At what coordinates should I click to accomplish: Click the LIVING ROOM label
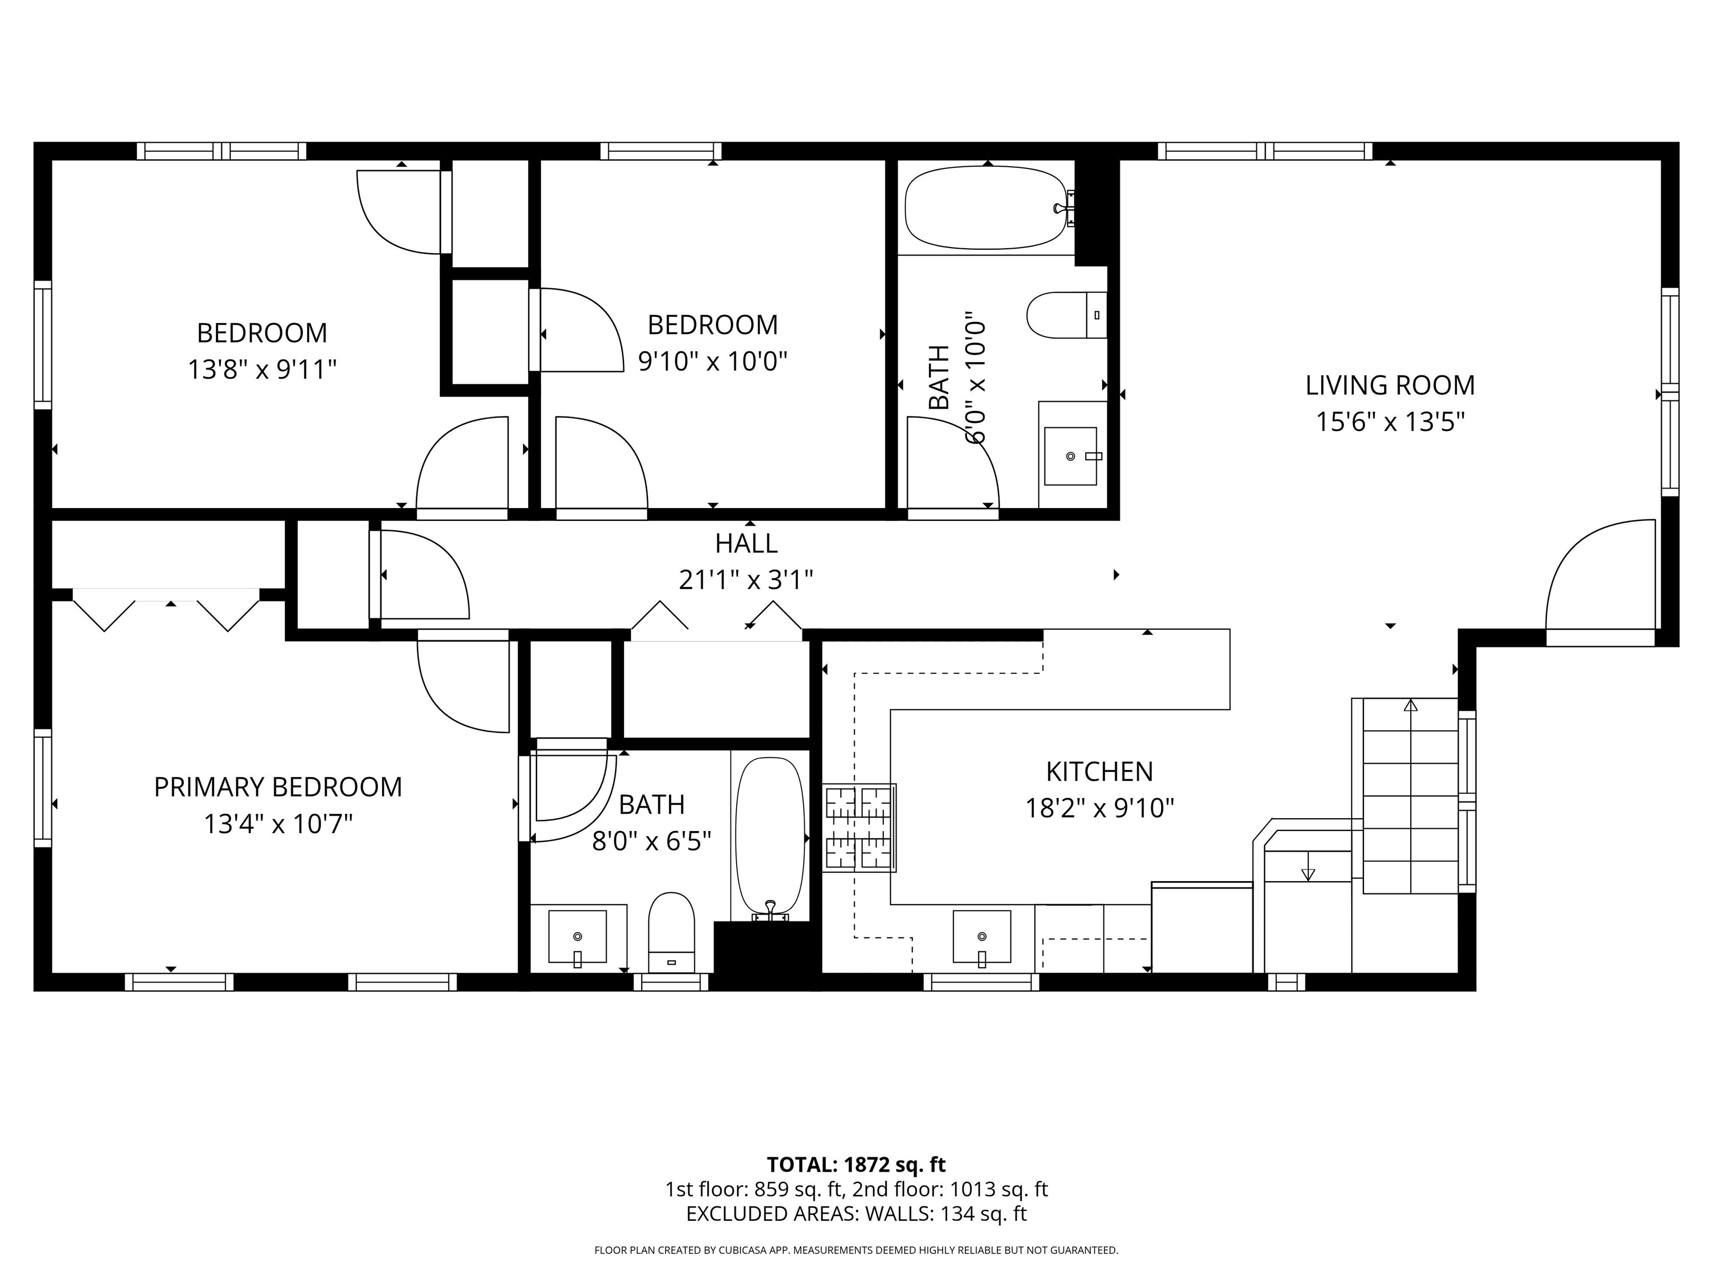(1390, 385)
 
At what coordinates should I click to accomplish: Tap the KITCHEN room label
(1100, 771)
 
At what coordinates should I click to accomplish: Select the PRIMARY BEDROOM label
(278, 787)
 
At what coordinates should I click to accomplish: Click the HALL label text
(746, 544)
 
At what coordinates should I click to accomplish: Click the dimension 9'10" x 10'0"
(713, 361)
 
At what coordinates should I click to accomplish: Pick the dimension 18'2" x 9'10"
(1100, 809)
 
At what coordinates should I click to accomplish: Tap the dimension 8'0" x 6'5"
(651, 841)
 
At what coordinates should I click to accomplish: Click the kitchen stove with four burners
(860, 828)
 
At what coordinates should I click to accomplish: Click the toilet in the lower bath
(671, 933)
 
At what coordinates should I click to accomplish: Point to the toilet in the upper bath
(1067, 315)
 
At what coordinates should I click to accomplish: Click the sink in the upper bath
(1071, 456)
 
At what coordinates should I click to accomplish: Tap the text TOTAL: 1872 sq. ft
(856, 1164)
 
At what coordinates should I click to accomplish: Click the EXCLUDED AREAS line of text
(856, 1214)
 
